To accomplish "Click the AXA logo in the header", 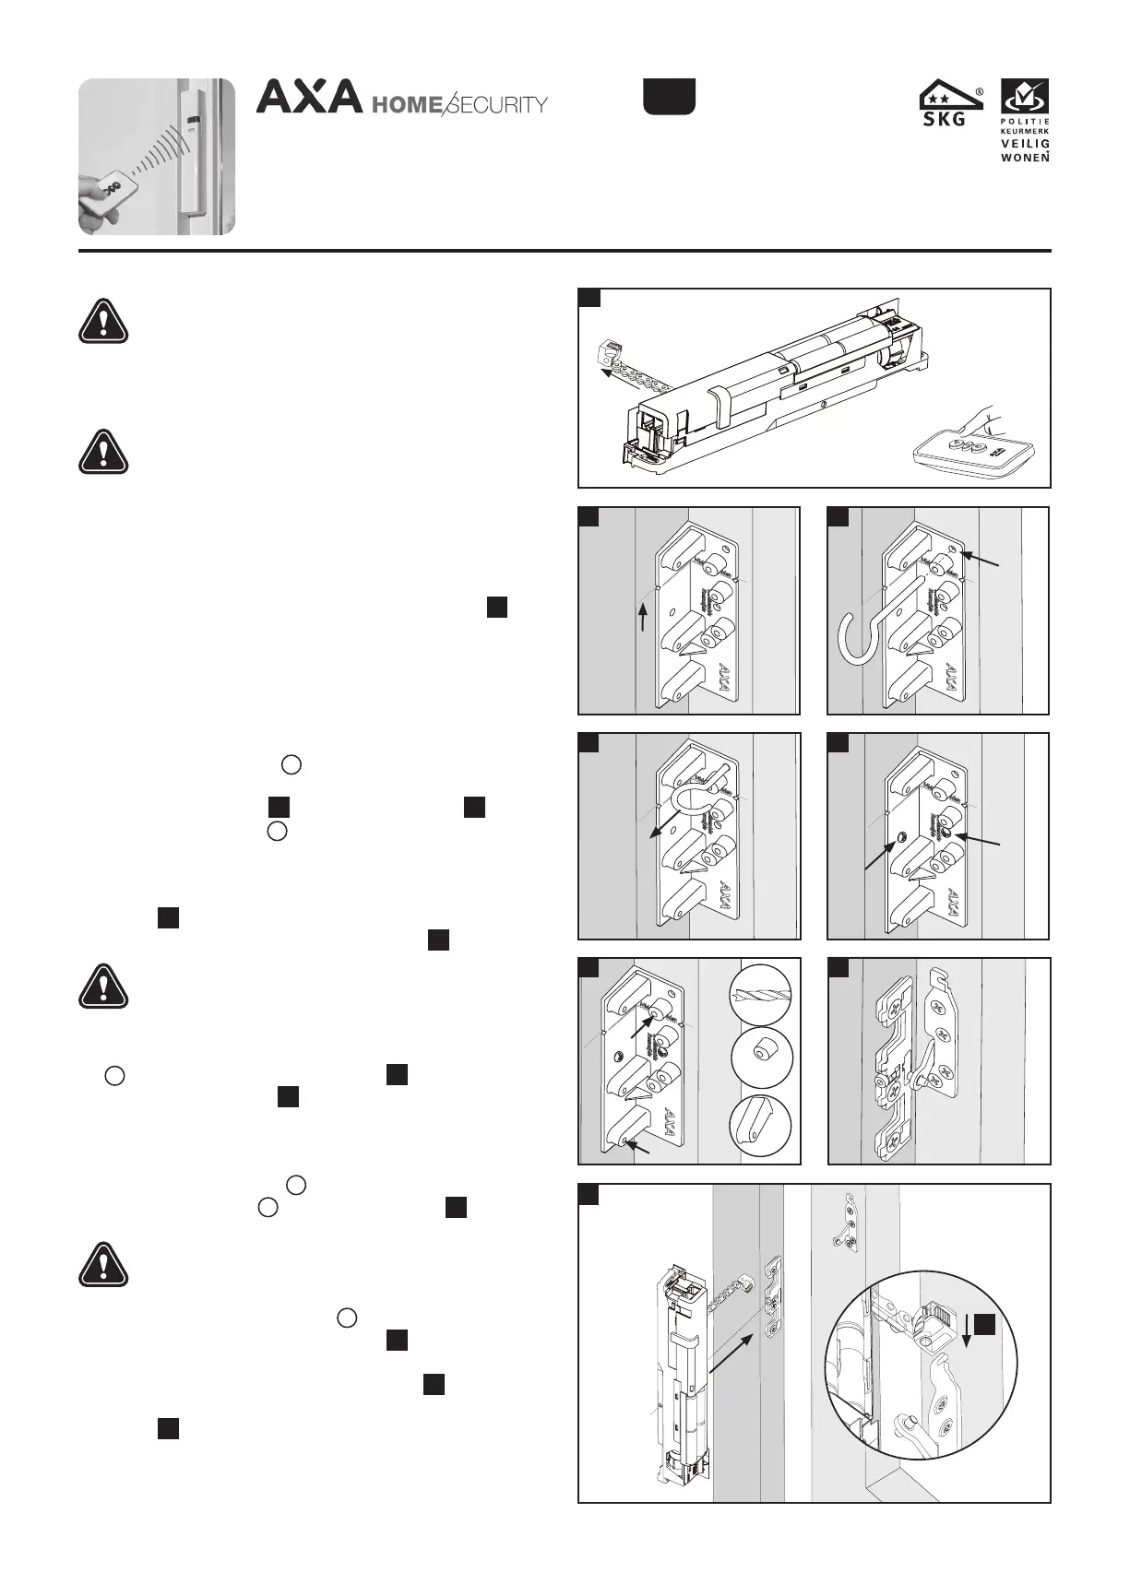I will [x=308, y=97].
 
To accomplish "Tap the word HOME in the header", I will [x=406, y=105].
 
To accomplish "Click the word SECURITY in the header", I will [x=497, y=105].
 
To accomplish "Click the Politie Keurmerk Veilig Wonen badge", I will [x=1025, y=121].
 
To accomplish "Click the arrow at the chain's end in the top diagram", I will [x=606, y=373].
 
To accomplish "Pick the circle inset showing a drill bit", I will [x=760, y=993].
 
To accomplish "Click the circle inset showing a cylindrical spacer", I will [x=761, y=1058].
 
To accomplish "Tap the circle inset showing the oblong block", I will [x=760, y=1125].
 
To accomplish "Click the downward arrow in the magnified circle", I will [x=965, y=1330].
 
